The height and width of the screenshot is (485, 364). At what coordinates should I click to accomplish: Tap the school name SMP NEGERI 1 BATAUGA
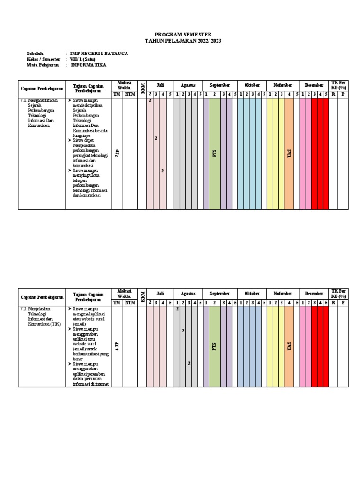tap(99, 54)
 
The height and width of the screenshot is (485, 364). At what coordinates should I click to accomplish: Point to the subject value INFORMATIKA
tap(89, 65)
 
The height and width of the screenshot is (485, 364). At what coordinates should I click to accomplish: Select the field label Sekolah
tap(36, 54)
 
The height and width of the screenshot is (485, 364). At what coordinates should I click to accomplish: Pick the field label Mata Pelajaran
tap(44, 65)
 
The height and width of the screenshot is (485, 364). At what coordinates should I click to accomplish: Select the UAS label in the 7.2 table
tap(289, 347)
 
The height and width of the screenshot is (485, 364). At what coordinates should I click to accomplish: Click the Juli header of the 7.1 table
tap(160, 85)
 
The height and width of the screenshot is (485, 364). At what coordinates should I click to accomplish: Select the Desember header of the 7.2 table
tap(314, 294)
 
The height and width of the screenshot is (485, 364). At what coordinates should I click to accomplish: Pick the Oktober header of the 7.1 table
tap(252, 85)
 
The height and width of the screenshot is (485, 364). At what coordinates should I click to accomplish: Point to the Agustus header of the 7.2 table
tap(188, 294)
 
